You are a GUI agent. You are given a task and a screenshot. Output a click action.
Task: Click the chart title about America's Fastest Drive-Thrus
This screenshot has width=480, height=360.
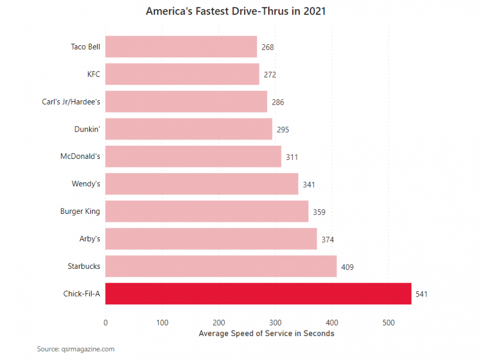pyautogui.click(x=236, y=11)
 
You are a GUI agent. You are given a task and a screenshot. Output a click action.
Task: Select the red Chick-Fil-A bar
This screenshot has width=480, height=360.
pyautogui.click(x=258, y=293)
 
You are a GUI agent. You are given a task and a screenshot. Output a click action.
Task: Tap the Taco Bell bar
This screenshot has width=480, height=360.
pyautogui.click(x=181, y=47)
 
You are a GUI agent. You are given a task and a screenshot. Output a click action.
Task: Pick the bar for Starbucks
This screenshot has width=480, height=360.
pyautogui.click(x=221, y=266)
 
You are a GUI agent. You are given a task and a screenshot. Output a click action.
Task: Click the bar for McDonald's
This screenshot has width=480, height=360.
pyautogui.click(x=193, y=157)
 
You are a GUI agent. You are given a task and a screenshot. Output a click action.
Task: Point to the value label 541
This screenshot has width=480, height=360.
pyautogui.click(x=422, y=294)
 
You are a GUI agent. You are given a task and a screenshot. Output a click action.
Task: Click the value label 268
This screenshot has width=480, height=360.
pyautogui.click(x=268, y=47)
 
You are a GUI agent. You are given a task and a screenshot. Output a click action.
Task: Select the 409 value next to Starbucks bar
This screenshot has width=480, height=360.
pyautogui.click(x=347, y=267)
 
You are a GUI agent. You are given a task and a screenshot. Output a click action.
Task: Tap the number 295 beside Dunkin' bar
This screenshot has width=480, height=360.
pyautogui.click(x=283, y=130)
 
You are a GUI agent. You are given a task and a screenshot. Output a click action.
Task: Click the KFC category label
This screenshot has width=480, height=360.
pyautogui.click(x=93, y=74)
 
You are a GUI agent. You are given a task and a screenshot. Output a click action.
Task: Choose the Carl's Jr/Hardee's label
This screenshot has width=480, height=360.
pyautogui.click(x=71, y=101)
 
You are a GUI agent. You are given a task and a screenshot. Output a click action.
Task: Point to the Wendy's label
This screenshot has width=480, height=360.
pyautogui.click(x=86, y=184)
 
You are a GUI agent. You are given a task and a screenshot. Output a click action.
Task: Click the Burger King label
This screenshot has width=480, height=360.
pyautogui.click(x=80, y=211)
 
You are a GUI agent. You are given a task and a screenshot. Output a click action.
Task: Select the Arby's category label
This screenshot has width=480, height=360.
pyautogui.click(x=90, y=238)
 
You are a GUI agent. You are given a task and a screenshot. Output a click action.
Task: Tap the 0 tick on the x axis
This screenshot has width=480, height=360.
pyautogui.click(x=106, y=322)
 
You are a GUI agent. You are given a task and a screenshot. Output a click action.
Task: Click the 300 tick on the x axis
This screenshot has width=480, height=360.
pyautogui.click(x=275, y=322)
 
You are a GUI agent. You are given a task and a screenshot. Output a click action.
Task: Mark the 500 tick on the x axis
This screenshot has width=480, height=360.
pyautogui.click(x=389, y=322)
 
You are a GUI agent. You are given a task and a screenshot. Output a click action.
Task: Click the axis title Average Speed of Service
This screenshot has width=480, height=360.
pyautogui.click(x=266, y=333)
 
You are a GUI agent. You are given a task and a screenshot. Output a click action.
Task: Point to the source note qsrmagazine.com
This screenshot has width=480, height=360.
pyautogui.click(x=76, y=349)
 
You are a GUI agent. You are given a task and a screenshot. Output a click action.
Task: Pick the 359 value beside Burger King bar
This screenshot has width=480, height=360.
pyautogui.click(x=319, y=212)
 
